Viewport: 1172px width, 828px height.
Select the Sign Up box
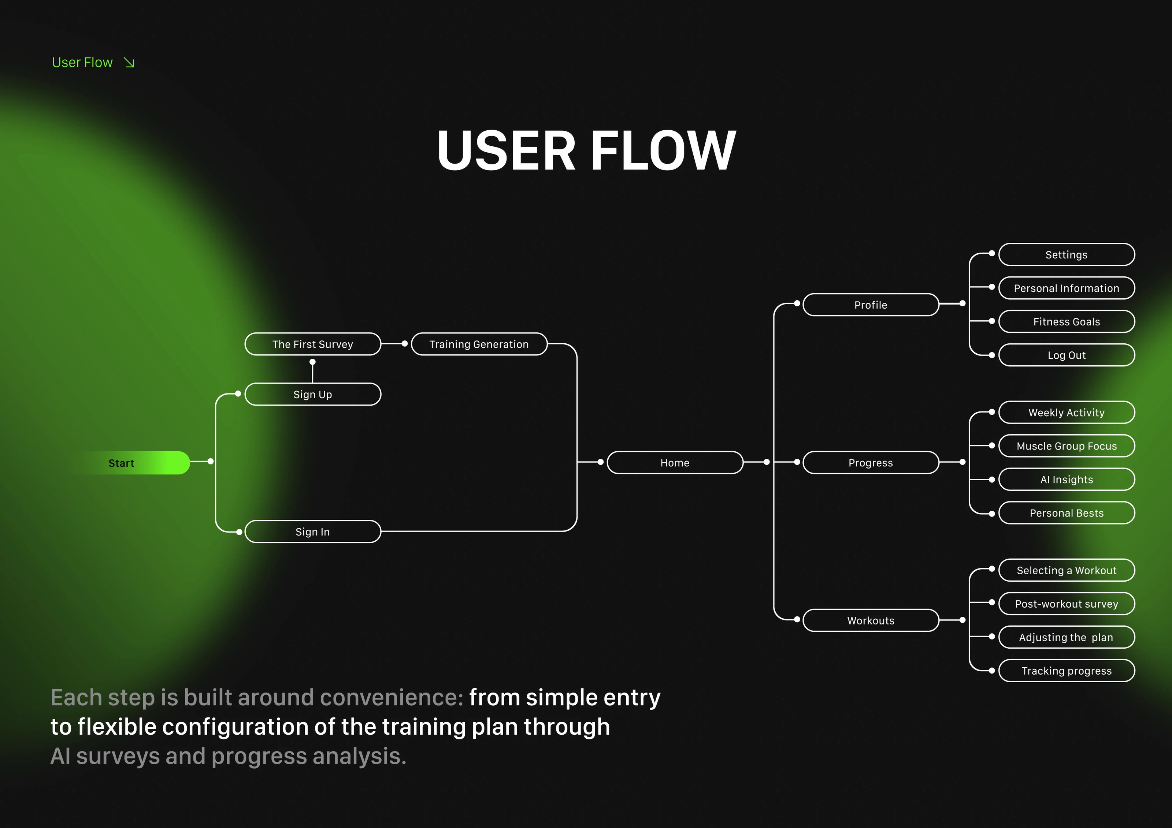point(312,394)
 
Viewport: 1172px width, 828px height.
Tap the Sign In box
point(312,532)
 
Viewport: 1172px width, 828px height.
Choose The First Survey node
point(312,344)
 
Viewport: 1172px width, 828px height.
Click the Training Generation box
point(479,344)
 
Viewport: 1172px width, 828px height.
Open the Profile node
point(870,305)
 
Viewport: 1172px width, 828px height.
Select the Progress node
point(870,463)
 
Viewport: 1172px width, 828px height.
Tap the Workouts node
point(870,620)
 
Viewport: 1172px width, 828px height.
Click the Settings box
point(1066,254)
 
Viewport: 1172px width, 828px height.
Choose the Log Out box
point(1066,355)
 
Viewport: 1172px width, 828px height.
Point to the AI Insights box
point(1066,480)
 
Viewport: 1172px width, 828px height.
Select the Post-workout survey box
point(1066,604)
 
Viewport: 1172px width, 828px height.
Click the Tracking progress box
point(1066,671)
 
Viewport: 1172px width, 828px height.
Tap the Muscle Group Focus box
point(1066,446)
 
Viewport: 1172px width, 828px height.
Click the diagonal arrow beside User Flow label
point(129,63)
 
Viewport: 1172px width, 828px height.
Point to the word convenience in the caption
point(389,697)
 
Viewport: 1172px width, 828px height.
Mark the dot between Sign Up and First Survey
point(312,362)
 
